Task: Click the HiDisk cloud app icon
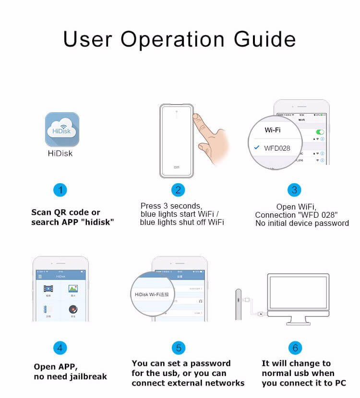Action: (x=62, y=129)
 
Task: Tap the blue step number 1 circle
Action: (x=60, y=190)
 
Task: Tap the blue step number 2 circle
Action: (x=178, y=190)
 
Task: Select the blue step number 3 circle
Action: (x=295, y=190)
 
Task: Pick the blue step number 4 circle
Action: (x=60, y=348)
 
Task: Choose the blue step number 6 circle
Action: (x=295, y=348)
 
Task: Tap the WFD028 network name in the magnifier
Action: (x=277, y=148)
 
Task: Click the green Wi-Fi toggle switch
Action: (x=320, y=132)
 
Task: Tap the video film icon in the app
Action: (x=48, y=289)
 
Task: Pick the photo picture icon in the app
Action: (x=73, y=289)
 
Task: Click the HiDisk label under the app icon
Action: (x=60, y=154)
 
